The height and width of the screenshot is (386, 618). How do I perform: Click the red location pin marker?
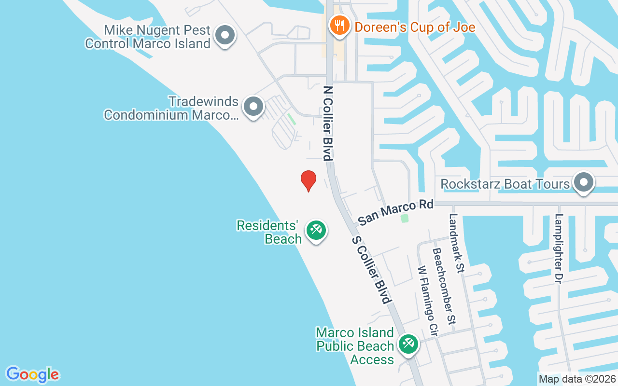coord(309,180)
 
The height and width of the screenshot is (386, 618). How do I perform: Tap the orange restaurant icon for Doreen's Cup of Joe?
coord(339,25)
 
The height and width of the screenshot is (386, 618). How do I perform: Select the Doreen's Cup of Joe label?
coord(415,27)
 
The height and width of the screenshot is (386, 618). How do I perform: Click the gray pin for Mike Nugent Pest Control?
coord(225,36)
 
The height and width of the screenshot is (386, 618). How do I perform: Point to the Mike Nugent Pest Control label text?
coord(148,37)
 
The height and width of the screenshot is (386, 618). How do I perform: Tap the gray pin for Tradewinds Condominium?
coord(253,107)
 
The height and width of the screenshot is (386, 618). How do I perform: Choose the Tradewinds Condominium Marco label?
coord(171,108)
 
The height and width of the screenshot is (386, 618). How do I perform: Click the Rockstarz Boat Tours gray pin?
coord(584,183)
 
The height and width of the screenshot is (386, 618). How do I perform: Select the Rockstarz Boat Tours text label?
coord(506,184)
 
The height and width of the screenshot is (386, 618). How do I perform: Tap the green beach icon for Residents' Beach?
coord(316,230)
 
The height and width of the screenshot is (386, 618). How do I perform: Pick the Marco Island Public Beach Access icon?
coord(408,345)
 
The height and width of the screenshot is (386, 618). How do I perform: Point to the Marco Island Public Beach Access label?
coord(355,346)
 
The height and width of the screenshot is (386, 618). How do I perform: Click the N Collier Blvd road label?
coord(328,123)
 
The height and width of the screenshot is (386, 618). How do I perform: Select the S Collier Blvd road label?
coord(371,270)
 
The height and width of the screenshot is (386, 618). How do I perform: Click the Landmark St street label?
coord(456,244)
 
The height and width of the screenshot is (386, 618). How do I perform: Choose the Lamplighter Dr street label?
coord(560,248)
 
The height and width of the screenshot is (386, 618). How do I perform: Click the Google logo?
coord(32,374)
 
